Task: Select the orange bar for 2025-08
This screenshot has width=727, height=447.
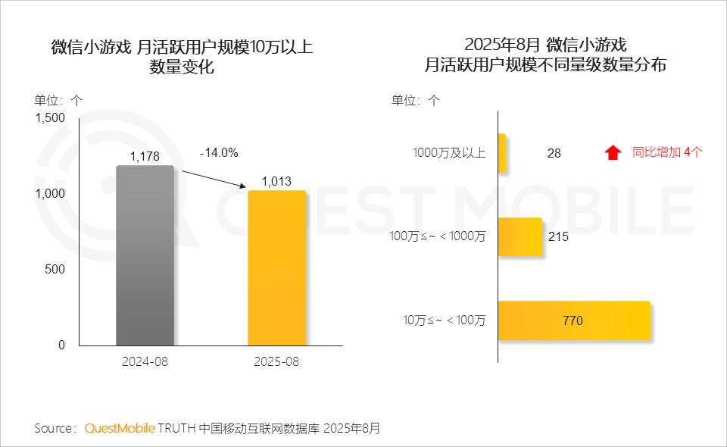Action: [x=276, y=268]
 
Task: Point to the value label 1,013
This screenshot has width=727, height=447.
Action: [x=276, y=181]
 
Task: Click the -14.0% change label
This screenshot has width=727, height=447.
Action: [x=219, y=152]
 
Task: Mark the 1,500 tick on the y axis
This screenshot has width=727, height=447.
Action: [x=51, y=117]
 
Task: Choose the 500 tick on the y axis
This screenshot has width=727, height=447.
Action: [x=55, y=269]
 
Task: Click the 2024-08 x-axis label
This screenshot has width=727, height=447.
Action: [x=145, y=361]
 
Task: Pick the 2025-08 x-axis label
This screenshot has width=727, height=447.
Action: [x=276, y=361]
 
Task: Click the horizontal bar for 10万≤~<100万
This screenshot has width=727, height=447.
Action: [x=574, y=320]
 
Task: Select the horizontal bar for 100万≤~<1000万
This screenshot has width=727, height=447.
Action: [x=520, y=236]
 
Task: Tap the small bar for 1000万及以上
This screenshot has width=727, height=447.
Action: [x=502, y=152]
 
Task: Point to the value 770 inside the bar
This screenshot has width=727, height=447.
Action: [x=573, y=320]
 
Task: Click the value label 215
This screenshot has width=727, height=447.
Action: [x=558, y=236]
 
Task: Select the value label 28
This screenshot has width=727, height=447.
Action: [x=554, y=153]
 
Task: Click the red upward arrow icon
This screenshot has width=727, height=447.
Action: [x=613, y=152]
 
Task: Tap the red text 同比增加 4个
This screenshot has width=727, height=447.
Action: [x=667, y=152]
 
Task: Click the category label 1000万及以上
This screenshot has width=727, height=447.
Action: [x=449, y=152]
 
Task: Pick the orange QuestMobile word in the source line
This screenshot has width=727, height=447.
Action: [x=120, y=428]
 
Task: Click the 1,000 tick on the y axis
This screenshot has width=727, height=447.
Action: [x=51, y=193]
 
